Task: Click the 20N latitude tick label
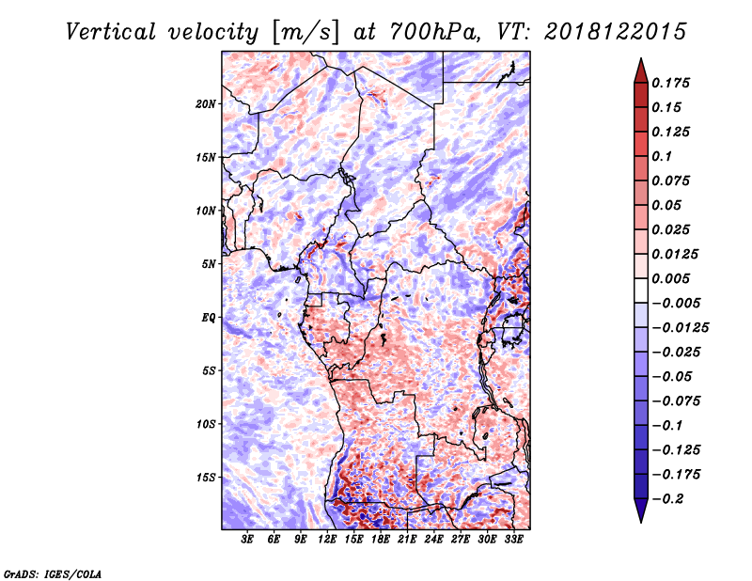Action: (206, 104)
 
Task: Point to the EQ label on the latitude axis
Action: (208, 318)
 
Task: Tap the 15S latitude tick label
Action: (206, 478)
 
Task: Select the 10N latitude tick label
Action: (206, 211)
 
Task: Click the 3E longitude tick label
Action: (247, 540)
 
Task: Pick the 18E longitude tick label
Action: (381, 540)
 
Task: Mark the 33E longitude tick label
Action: (513, 540)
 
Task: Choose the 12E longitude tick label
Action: (327, 540)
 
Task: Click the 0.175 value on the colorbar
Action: (671, 83)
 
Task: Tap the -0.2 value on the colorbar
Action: (667, 499)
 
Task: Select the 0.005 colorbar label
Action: (671, 278)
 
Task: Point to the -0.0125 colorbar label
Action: (681, 328)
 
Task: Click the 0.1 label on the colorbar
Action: (663, 156)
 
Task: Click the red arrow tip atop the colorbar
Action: (641, 58)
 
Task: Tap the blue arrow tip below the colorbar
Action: (641, 522)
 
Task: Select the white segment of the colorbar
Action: (641, 290)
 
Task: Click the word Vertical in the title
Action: (111, 32)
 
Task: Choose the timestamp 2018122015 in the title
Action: (616, 32)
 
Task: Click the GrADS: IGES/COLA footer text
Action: (53, 573)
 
